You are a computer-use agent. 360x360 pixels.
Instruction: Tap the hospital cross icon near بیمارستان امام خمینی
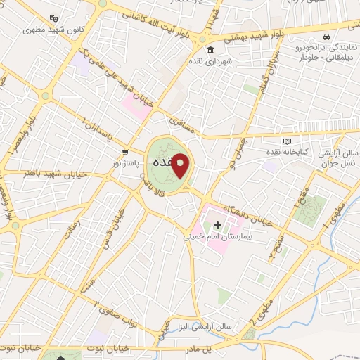pyautogui.click(x=217, y=226)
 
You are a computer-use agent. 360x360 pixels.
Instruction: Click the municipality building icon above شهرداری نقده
pyautogui.click(x=211, y=50)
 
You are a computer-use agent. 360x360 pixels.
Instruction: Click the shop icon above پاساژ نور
pyautogui.click(x=125, y=152)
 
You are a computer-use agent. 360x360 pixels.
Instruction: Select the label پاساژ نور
pyautogui.click(x=128, y=162)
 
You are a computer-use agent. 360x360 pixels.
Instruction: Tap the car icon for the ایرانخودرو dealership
pyautogui.click(x=326, y=36)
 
